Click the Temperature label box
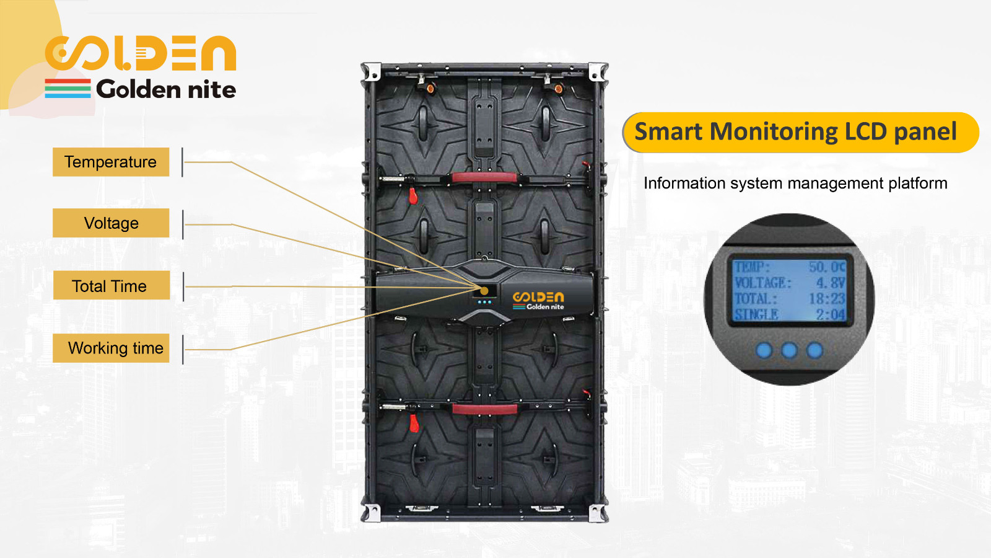111,162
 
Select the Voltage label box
111,223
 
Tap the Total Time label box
111,286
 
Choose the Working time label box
111,348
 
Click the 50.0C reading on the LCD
826,267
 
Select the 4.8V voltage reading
831,283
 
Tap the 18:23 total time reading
826,298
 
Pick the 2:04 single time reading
831,314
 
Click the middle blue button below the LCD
789,350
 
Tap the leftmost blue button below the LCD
764,350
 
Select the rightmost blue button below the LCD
814,350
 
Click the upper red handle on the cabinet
484,178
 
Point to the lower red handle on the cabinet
484,409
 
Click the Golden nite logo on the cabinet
538,301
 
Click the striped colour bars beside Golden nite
68,89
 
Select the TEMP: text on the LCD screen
752,267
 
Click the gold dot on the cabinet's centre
484,291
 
